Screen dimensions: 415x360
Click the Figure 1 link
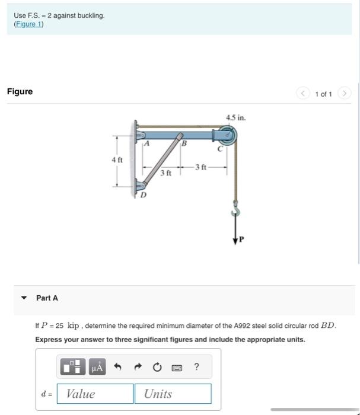[x=28, y=24]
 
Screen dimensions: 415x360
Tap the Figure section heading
[x=20, y=91]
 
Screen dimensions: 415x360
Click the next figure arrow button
[x=345, y=93]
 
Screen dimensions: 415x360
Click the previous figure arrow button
[x=303, y=93]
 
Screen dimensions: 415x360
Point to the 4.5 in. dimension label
[x=235, y=117]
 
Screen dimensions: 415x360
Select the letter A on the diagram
[x=146, y=143]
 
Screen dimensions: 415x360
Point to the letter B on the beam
[x=184, y=143]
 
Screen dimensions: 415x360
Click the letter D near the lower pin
[x=143, y=194]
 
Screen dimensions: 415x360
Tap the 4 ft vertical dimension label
[x=117, y=161]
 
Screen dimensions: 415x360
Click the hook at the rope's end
[x=237, y=210]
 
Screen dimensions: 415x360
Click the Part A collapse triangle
[x=24, y=298]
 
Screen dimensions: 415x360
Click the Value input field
[x=95, y=394]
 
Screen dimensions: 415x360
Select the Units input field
[x=173, y=394]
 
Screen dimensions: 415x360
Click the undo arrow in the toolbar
[x=117, y=368]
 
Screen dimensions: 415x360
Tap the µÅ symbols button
[x=96, y=368]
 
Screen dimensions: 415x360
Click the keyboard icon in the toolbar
[x=177, y=368]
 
